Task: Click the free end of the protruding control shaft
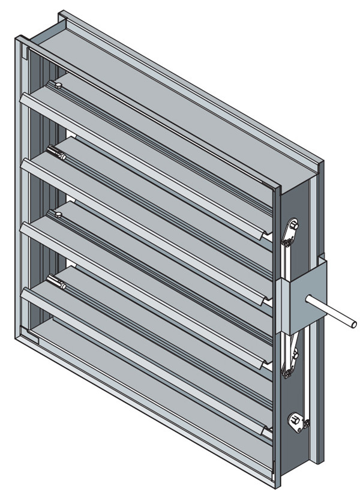point(354,325)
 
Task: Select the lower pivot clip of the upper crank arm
point(287,242)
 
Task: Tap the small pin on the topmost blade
point(58,87)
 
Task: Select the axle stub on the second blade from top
point(56,152)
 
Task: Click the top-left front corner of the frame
point(16,37)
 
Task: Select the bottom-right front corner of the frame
point(277,487)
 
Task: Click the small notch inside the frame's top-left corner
point(26,56)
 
